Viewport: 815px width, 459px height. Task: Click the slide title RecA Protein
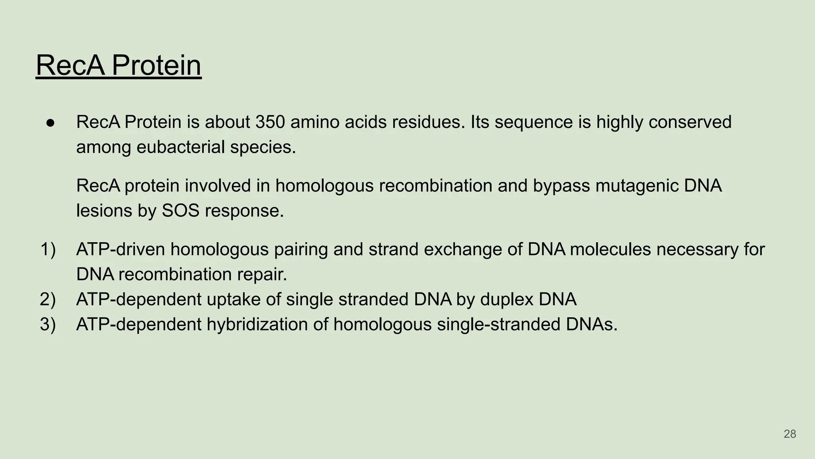pos(119,65)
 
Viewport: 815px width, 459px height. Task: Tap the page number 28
pos(790,434)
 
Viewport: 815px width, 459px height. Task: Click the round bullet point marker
pos(51,122)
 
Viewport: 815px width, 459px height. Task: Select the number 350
pos(270,122)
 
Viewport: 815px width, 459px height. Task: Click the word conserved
pos(690,122)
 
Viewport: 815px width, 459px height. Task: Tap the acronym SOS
pos(180,211)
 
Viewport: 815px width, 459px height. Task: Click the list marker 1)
pos(48,250)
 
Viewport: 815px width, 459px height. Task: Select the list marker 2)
pos(48,299)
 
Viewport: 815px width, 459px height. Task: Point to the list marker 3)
pos(48,324)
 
